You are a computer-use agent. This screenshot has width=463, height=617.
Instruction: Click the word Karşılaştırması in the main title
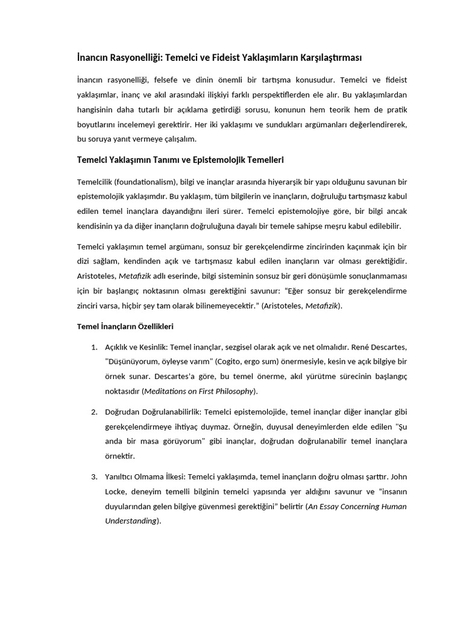(x=325, y=57)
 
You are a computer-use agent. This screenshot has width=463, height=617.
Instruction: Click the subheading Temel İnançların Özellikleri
(x=125, y=326)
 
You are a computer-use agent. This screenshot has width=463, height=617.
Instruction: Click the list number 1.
(x=94, y=348)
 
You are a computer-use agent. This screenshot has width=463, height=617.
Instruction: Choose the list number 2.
(x=94, y=412)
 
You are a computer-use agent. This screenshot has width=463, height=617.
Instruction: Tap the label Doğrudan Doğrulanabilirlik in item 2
(x=153, y=412)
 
